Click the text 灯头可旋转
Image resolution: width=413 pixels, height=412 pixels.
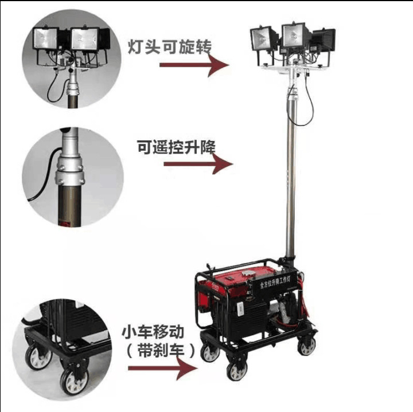pos(170,47)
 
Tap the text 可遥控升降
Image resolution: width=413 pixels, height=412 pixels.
pos(176,147)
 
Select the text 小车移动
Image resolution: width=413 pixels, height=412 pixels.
pos(153,332)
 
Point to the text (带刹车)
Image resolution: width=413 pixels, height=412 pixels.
pos(161,351)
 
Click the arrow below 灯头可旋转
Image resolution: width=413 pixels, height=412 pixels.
pos(194,65)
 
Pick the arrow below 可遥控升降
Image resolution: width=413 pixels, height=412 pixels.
pos(198,164)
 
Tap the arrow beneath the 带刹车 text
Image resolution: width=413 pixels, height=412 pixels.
pos(163,368)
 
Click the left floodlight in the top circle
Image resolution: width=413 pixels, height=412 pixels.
pos(45,38)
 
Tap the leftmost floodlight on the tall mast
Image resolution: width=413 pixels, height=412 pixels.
pos(262,38)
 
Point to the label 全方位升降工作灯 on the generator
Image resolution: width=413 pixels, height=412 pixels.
pos(275,283)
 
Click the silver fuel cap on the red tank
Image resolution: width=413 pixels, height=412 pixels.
pos(248,273)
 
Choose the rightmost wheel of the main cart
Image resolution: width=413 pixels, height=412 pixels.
pos(307,345)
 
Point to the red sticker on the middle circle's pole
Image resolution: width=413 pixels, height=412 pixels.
pos(65,223)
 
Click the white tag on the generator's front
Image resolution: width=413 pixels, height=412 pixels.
pos(240,309)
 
